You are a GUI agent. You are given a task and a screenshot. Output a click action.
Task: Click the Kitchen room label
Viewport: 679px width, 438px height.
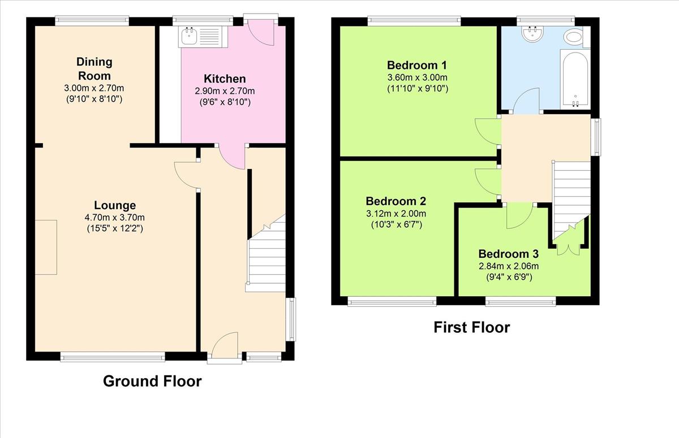pyautogui.click(x=225, y=79)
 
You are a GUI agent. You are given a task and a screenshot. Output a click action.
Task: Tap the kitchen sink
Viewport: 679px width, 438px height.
pyautogui.click(x=203, y=37)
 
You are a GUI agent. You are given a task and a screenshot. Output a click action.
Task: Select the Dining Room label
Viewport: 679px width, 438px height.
pyautogui.click(x=94, y=69)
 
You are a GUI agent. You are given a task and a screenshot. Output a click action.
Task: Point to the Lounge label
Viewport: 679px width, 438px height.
pyautogui.click(x=115, y=205)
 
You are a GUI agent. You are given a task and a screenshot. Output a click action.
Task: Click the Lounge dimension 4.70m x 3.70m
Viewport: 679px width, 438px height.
pyautogui.click(x=115, y=218)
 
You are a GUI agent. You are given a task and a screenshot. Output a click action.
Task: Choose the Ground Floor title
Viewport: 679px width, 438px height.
pyautogui.click(x=152, y=381)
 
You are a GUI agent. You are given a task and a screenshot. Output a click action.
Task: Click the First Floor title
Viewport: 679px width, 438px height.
pyautogui.click(x=472, y=328)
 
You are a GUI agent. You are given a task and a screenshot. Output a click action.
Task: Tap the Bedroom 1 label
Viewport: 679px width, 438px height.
pyautogui.click(x=417, y=65)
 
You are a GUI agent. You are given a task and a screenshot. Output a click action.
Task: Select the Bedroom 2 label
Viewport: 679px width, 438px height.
pyautogui.click(x=396, y=201)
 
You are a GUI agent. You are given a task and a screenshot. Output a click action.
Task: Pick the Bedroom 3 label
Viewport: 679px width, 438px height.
pyautogui.click(x=509, y=254)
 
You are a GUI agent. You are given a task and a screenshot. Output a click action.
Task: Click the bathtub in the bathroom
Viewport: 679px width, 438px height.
pyautogui.click(x=575, y=79)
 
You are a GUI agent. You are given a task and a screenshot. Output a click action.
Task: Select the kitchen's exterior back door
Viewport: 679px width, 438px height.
pyautogui.click(x=261, y=32)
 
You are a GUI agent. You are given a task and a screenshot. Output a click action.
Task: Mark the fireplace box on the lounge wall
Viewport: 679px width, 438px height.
pyautogui.click(x=46, y=248)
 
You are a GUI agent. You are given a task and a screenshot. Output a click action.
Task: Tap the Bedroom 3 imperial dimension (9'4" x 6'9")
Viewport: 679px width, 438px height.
pyautogui.click(x=509, y=277)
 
